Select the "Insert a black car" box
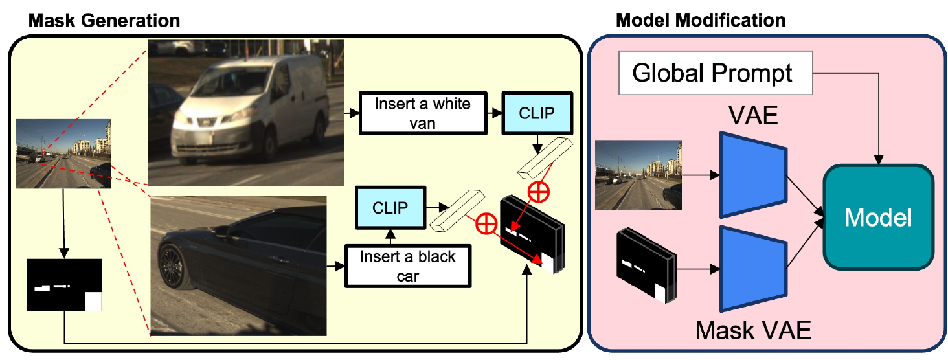coord(408,266)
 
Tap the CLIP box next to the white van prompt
coord(536,113)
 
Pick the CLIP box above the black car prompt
coord(390,208)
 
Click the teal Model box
coord(879,218)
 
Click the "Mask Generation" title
coord(104,20)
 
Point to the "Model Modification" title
coord(701,20)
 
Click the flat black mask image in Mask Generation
coord(65,285)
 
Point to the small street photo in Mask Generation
coord(63,153)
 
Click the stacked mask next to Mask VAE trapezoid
coord(644,265)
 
